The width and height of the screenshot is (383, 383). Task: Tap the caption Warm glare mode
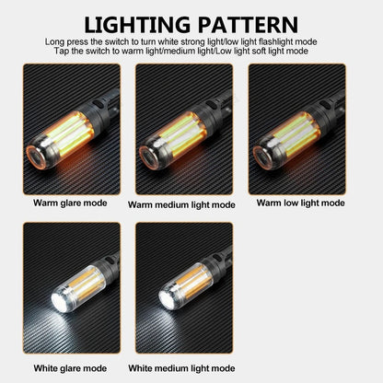coord(70,202)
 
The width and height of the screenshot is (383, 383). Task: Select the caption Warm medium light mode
coord(181,204)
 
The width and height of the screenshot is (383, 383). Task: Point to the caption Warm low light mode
coord(300,202)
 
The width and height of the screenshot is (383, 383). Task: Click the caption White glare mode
coord(70,368)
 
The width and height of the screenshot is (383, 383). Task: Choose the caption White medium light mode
coord(181,368)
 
